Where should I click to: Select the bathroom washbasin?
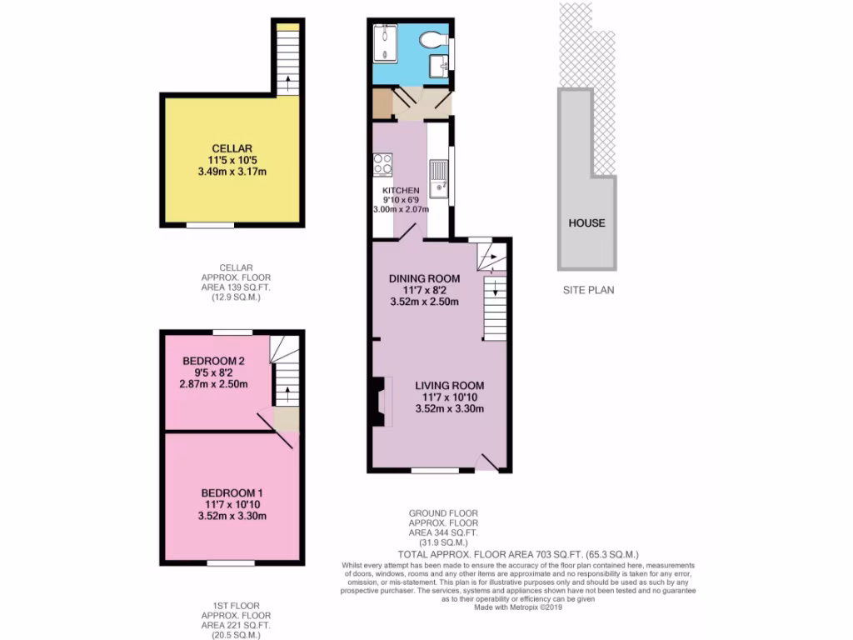[439, 67]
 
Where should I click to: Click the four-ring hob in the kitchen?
[383, 164]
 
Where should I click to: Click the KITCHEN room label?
[401, 191]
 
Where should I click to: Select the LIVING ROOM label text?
[450, 385]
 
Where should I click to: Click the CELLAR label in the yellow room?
[231, 148]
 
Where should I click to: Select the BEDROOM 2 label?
[213, 361]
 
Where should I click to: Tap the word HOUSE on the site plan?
[586, 222]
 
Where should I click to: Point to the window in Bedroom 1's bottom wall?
[231, 563]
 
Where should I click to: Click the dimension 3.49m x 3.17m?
[231, 172]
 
